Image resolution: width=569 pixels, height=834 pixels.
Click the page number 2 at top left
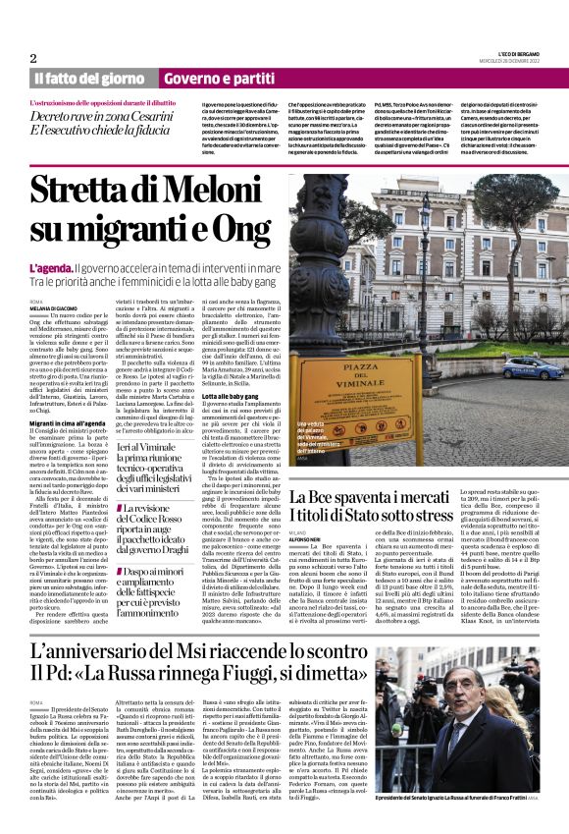click(x=32, y=58)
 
